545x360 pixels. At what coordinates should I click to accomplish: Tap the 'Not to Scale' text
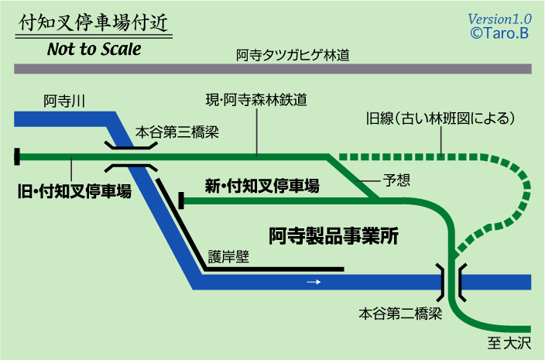point(94,50)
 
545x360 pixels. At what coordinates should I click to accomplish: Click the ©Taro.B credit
point(499,33)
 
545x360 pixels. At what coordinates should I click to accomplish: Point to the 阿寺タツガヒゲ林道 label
point(293,56)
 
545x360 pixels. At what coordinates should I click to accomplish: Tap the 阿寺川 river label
point(64,101)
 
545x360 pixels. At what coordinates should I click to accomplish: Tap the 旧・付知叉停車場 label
point(75,191)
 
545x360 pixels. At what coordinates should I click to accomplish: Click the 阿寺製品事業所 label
point(334,235)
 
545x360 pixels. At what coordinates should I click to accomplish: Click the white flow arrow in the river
point(314,282)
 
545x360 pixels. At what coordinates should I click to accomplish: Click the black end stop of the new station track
point(182,201)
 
